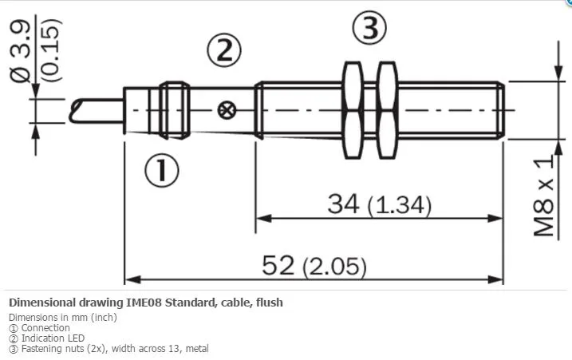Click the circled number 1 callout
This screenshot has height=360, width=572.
[x=162, y=171]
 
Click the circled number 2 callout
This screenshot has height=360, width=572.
[x=224, y=51]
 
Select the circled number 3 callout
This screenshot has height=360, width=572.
[x=369, y=28]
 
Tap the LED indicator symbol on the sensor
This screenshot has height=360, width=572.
[x=227, y=110]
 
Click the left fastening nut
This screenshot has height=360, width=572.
[x=353, y=110]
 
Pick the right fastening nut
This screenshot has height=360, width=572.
[x=387, y=110]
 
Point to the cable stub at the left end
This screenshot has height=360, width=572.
[x=97, y=111]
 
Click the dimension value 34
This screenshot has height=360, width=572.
[x=343, y=204]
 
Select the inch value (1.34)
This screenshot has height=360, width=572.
[x=400, y=205]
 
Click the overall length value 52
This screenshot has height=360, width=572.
[x=278, y=265]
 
